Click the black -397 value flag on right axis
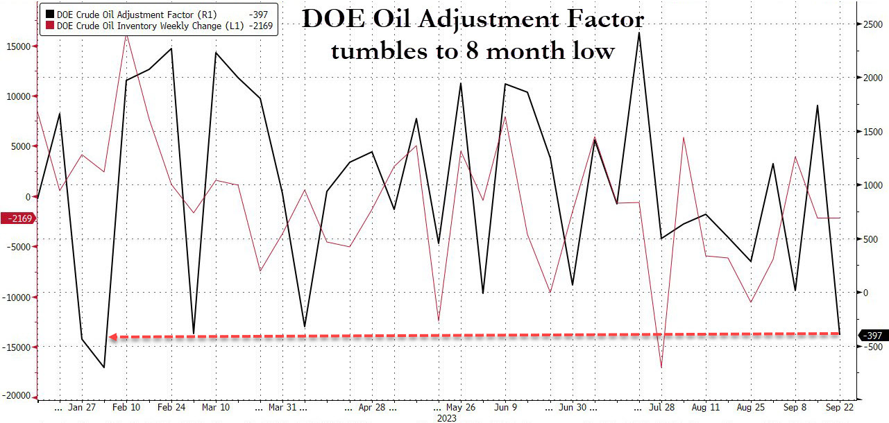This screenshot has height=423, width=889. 872,336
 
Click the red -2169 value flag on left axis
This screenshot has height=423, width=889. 19,219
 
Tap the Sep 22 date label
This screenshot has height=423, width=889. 840,407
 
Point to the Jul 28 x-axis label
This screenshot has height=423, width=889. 663,407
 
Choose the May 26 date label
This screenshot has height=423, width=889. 461,407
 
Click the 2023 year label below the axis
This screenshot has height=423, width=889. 446,418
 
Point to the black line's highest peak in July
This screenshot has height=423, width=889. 638,33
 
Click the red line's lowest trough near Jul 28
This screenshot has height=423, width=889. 661,368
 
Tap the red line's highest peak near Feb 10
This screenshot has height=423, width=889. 126,34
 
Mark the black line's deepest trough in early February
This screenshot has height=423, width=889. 104,367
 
